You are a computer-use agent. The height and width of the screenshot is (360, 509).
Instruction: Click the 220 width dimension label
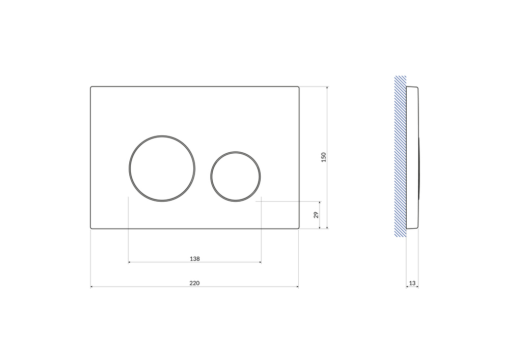194,283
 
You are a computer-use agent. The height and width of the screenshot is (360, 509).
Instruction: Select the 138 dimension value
195,259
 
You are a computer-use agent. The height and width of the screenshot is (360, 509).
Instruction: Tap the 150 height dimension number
323,157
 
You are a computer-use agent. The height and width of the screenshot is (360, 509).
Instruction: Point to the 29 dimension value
316,214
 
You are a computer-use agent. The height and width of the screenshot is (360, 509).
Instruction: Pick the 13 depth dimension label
412,283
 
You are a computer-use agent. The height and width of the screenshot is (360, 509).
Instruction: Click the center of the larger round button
162,169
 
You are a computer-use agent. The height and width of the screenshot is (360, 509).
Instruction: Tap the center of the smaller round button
235,177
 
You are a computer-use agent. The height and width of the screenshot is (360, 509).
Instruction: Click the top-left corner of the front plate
91,87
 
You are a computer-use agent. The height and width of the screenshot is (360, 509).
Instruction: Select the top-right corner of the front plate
299,87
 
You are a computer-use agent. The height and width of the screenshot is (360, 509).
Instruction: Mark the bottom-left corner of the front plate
91,229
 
